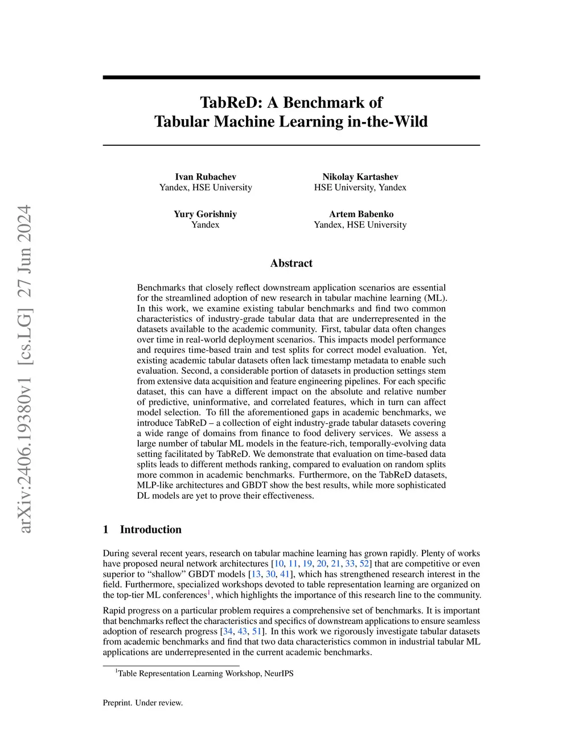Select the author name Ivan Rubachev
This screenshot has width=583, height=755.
click(206, 177)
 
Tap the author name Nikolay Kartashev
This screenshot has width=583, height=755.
click(360, 177)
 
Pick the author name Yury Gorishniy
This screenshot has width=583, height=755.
click(205, 214)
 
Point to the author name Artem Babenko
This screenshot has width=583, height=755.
click(361, 214)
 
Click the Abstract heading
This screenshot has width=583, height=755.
click(291, 263)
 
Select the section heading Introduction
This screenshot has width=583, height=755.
click(150, 529)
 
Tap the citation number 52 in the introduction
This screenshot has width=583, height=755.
click(364, 564)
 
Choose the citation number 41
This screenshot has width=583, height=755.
click(285, 574)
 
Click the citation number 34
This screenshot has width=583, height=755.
click(228, 631)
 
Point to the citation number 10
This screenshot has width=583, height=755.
click(279, 564)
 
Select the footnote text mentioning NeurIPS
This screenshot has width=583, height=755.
click(206, 674)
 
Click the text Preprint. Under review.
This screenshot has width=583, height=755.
click(143, 703)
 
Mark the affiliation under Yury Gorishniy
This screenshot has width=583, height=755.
click(205, 225)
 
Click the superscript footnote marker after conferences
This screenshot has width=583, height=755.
click(209, 593)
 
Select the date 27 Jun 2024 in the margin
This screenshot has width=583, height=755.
click(24, 251)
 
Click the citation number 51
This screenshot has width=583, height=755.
click(257, 631)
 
